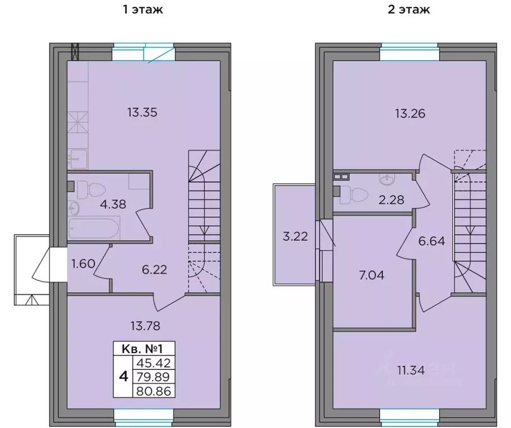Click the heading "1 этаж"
[x=142, y=9]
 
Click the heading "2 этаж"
[x=409, y=9]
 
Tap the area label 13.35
[x=142, y=112]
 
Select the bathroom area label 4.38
[x=113, y=204]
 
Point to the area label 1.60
[x=83, y=263]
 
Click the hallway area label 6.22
[x=154, y=270]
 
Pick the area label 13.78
[x=146, y=325]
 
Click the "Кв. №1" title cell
[x=142, y=349]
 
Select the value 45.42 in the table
[x=154, y=363]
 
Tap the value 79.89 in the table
[x=154, y=377]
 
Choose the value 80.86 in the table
[x=154, y=391]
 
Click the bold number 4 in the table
[x=123, y=377]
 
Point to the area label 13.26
[x=410, y=114]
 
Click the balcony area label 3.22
[x=295, y=236]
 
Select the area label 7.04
[x=372, y=275]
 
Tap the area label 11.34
[x=411, y=371]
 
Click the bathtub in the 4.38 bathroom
[x=94, y=228]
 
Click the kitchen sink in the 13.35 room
[x=78, y=158]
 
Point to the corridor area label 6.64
[x=431, y=241]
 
